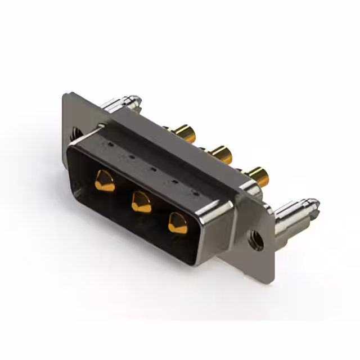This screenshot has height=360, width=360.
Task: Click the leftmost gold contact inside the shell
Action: (x=105, y=181)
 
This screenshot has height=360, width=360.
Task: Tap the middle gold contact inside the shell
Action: (x=141, y=201)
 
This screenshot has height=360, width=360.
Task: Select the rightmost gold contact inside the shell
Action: (x=178, y=223)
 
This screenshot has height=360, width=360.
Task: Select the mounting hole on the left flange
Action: (x=75, y=134)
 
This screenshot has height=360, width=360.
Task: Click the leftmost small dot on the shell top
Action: (x=110, y=144)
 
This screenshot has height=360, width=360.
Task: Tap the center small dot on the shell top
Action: (x=152, y=167)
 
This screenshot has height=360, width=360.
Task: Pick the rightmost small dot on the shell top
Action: (x=195, y=192)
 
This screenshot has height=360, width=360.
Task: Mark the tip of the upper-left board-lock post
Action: (x=137, y=100)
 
